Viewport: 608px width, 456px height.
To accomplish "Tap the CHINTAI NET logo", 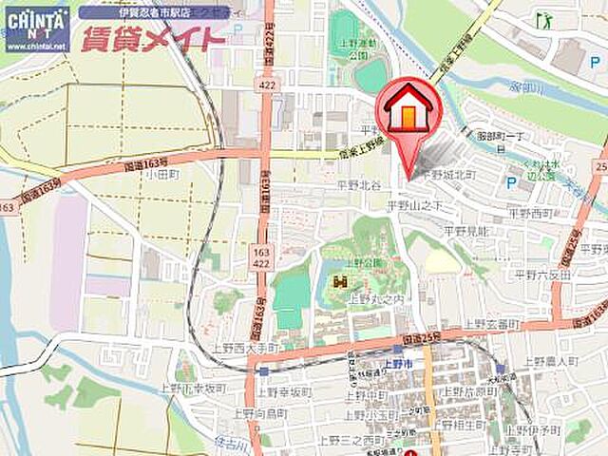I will point(36,28).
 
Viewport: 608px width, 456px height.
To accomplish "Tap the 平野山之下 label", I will point(416,205).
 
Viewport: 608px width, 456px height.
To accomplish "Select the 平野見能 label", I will point(465,231).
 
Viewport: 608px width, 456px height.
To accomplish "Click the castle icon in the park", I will point(340,282).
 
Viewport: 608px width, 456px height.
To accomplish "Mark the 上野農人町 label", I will point(550,362).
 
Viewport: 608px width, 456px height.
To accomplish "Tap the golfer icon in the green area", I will point(544,19).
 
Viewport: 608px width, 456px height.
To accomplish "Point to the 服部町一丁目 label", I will point(501,137).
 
